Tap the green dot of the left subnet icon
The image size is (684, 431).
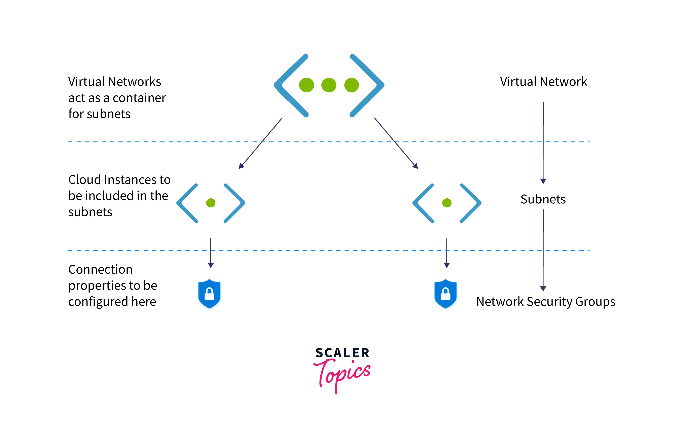tap(211, 203)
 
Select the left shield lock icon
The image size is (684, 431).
tap(209, 294)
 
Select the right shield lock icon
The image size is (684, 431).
tap(445, 294)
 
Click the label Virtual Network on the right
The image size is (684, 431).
tap(543, 82)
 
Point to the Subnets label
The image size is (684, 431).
tap(543, 199)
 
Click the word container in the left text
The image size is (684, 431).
tap(139, 98)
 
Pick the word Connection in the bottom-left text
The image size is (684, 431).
tap(100, 269)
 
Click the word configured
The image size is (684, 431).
tap(98, 302)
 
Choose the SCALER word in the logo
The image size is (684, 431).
tap(342, 353)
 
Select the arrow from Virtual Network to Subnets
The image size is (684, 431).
tap(543, 142)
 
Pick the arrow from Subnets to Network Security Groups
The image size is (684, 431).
tap(543, 250)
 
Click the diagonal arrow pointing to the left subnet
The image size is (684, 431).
tap(261, 143)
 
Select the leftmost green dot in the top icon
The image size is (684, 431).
tap(306, 85)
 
